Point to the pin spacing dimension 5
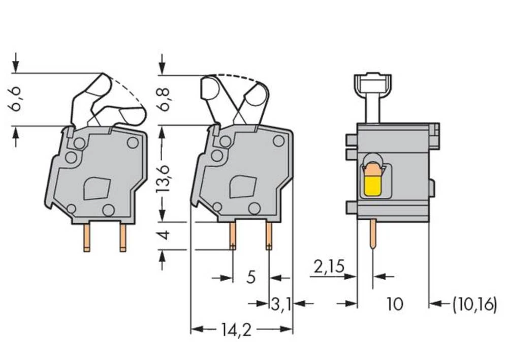(x=250, y=278)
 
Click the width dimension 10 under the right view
(x=394, y=304)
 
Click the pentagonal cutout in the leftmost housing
(x=97, y=188)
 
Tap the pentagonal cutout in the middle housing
(x=243, y=187)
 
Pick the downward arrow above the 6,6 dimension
(x=16, y=62)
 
